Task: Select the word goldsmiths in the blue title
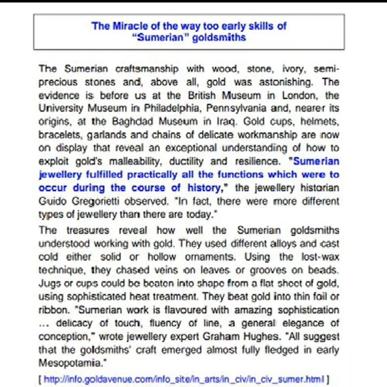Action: pos(219,37)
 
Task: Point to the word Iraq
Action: pos(228,121)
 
